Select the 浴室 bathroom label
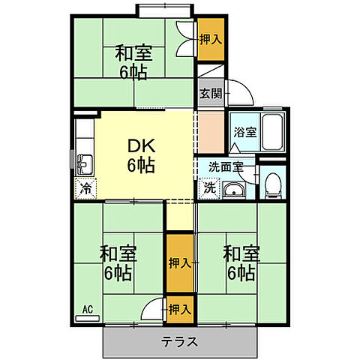click(x=244, y=131)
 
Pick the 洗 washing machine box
click(x=209, y=188)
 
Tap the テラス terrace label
click(x=180, y=343)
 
